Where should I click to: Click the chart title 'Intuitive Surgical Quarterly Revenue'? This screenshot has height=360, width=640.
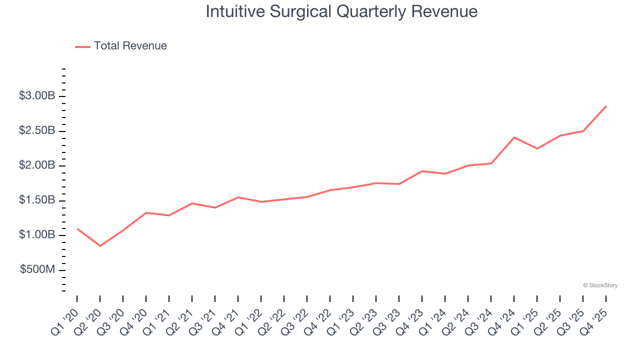341,12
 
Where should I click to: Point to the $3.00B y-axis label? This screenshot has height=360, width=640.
36,96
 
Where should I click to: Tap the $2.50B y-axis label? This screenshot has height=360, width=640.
36,131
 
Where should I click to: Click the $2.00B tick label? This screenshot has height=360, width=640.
36,165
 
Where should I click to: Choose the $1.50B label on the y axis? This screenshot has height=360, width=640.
36,200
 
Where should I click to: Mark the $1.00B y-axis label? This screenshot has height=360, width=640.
36,235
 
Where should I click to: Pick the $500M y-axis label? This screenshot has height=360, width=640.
37,270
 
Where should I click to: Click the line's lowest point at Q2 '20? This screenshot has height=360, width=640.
100,246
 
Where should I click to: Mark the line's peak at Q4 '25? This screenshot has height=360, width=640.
606,106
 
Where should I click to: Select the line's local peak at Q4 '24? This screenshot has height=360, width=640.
514,137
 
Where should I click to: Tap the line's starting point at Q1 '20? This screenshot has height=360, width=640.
77,228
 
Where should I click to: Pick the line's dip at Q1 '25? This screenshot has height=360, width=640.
537,148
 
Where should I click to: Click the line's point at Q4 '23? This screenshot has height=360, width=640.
422,171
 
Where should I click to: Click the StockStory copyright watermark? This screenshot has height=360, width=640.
600,285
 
